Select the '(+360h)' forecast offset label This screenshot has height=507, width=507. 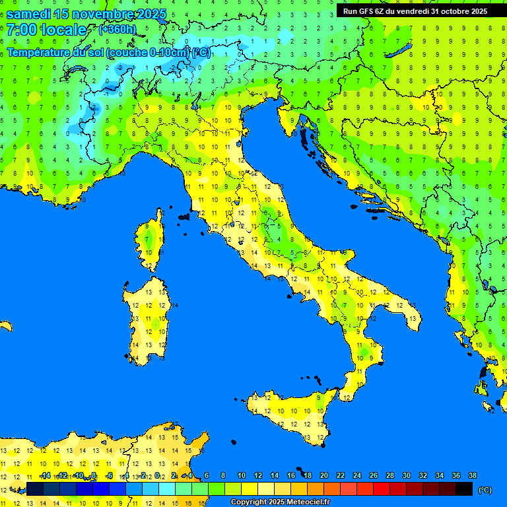[x=117, y=30]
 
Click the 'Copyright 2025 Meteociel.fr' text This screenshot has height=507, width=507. [x=280, y=502]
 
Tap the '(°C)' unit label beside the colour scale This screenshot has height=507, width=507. [x=485, y=490]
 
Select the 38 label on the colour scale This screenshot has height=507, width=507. [x=472, y=475]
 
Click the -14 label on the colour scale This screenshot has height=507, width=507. [x=45, y=475]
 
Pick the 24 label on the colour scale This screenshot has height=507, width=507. [x=357, y=475]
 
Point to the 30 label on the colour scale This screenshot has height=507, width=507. [x=407, y=475]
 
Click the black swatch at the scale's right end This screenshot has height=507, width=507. [x=464, y=489]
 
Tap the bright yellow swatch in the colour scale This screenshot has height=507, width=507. [x=250, y=489]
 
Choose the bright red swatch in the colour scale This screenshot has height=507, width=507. [x=382, y=489]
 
